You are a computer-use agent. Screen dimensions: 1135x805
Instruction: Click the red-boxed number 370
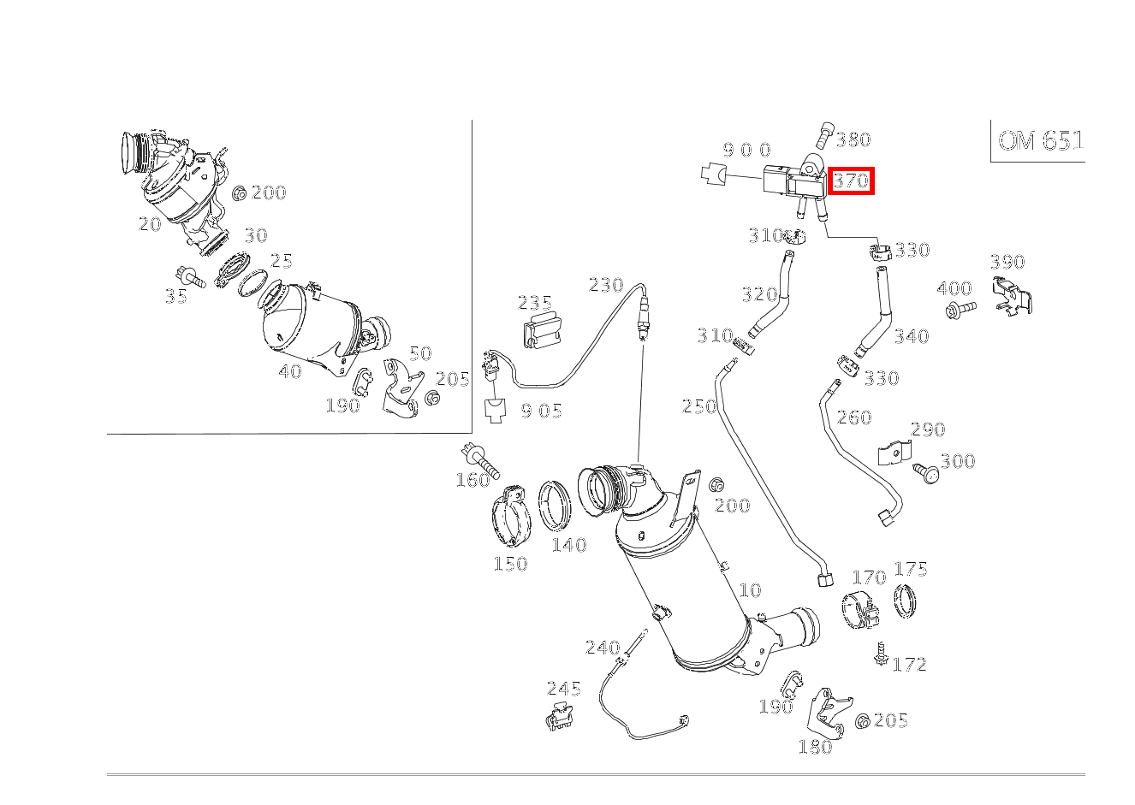point(851,181)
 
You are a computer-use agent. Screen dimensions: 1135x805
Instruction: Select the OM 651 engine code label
point(1041,141)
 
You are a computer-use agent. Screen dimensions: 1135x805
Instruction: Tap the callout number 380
point(853,139)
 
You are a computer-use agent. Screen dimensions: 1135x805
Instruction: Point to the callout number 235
point(535,303)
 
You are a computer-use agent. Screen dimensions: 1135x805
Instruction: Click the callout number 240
point(603,648)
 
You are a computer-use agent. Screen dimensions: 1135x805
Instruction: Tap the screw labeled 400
point(960,308)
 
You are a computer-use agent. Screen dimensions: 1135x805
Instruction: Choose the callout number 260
point(854,417)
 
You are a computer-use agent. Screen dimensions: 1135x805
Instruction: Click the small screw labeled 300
point(926,473)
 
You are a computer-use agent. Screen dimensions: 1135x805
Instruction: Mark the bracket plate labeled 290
point(894,452)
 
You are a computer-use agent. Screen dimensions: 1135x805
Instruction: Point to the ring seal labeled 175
point(905,601)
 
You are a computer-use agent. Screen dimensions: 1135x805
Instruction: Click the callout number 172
point(910,664)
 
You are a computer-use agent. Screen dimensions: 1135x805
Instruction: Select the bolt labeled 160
point(480,461)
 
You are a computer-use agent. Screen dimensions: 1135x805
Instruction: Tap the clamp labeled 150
point(511,517)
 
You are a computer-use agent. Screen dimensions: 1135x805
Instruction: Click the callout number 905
point(542,411)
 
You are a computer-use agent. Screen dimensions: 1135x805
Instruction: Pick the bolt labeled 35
point(191,276)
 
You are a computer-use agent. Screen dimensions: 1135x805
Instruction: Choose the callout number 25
point(282,261)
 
